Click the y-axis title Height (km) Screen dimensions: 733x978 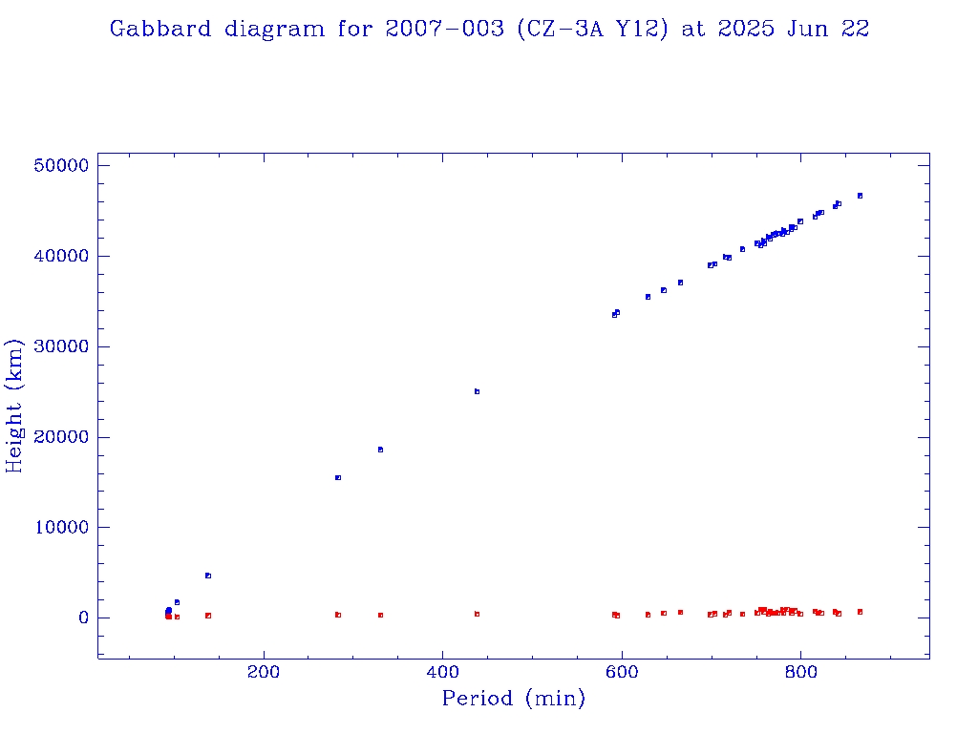[x=15, y=405]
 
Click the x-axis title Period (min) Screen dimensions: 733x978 [x=513, y=699]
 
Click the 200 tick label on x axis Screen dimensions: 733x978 [x=264, y=671]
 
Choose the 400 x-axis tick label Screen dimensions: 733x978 [x=443, y=671]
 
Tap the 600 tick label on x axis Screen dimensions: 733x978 [x=622, y=671]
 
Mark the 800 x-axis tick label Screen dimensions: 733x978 [x=801, y=671]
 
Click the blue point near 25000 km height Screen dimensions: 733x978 [x=477, y=391]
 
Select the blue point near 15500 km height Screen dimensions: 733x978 [x=338, y=477]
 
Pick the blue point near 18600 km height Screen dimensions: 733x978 [x=380, y=450]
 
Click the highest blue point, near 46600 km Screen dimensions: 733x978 [x=860, y=196]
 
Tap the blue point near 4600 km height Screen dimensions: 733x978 [x=207, y=576]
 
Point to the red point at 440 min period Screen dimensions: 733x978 [x=477, y=614]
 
